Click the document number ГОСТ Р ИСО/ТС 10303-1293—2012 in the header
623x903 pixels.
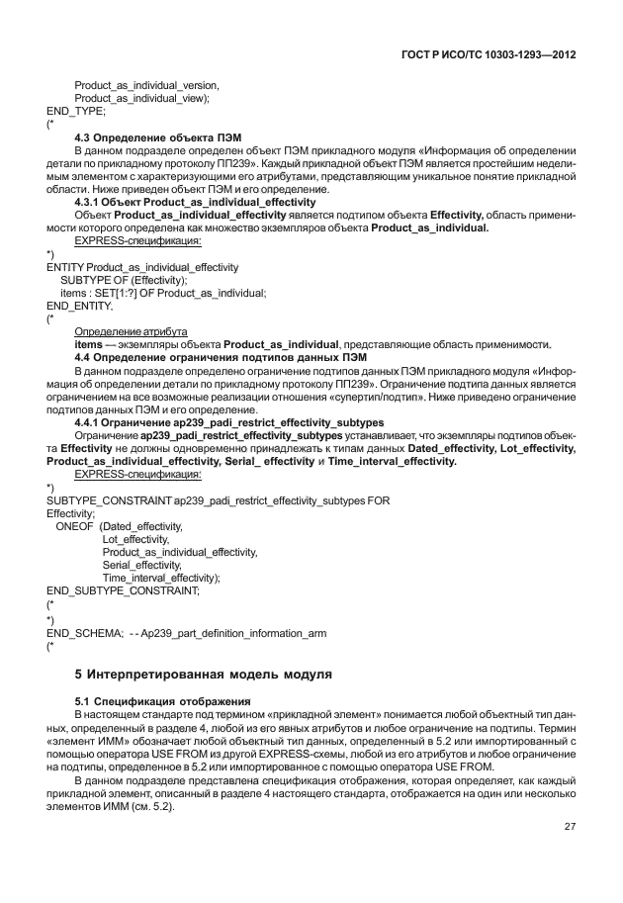click(491, 55)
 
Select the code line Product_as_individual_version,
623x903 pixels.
click(146, 86)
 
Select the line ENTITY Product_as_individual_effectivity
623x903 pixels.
click(142, 267)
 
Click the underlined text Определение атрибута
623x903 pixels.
click(132, 331)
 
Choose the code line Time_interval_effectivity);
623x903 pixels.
click(161, 577)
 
